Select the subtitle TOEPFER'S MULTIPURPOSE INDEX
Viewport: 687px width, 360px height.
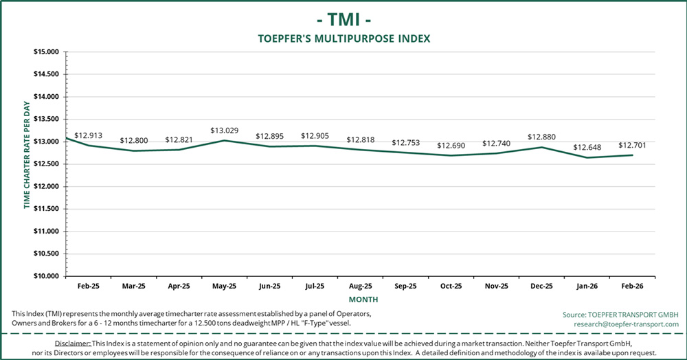coord(343,38)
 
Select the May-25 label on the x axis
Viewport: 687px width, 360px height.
coord(224,286)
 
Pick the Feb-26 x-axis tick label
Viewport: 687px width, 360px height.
coord(632,286)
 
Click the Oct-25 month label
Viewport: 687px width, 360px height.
coord(451,286)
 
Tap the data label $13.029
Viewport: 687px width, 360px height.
coord(224,131)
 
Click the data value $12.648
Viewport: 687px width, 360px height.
coord(587,148)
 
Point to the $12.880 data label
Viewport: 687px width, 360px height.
coord(541,137)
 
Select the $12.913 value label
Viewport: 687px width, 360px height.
coord(88,135)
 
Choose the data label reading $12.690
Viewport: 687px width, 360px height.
coord(451,146)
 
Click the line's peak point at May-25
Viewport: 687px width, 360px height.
coord(224,140)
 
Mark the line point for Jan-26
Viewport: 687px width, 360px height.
coord(587,157)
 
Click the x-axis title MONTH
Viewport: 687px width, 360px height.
coord(362,300)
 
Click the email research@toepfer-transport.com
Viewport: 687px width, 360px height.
coord(626,324)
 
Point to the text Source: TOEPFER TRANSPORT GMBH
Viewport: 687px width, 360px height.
coord(620,314)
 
